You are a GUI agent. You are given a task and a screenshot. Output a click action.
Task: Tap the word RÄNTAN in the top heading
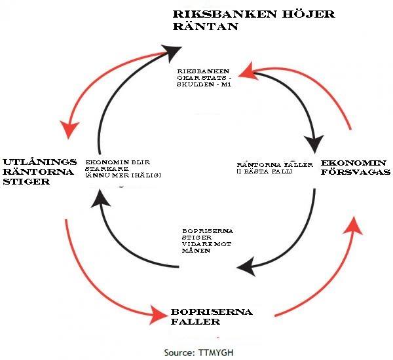click(x=196, y=27)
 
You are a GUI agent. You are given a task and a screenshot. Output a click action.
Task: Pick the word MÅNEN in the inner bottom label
click(x=196, y=249)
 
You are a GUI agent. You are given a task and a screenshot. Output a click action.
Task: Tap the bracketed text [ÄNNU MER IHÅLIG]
click(x=123, y=175)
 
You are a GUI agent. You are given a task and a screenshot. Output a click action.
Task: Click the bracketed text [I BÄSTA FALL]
click(x=265, y=171)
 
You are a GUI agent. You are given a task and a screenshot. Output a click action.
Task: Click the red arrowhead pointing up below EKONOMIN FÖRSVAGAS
click(x=354, y=223)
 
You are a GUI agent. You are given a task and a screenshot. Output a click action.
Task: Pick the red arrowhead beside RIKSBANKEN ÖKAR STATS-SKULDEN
click(x=246, y=67)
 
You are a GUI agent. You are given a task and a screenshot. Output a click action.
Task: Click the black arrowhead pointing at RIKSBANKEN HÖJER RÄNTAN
click(x=172, y=49)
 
